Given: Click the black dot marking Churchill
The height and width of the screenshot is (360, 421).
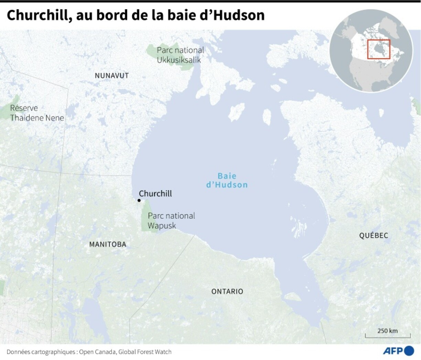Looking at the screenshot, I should coord(139,200).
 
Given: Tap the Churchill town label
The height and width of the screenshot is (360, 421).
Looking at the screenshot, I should coord(155,194).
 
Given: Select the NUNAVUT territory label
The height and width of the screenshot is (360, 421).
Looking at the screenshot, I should coord(112,76).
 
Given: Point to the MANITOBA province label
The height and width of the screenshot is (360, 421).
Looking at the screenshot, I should coord(108,244).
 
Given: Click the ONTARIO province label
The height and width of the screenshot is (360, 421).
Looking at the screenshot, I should coord(227,292).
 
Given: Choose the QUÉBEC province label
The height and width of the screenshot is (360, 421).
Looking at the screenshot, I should coord(374,236).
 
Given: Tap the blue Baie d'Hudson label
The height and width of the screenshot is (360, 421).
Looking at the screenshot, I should coord(227,181).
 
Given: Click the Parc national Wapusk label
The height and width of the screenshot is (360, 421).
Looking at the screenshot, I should coord(171,221).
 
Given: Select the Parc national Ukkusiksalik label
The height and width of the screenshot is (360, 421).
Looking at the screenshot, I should coord(180,55).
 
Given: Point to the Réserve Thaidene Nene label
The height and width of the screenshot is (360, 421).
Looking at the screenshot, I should coord(37,113).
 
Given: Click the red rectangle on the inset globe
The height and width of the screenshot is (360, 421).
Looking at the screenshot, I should coord(378,49).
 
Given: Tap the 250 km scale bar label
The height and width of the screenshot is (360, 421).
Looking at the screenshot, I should coord(387,331).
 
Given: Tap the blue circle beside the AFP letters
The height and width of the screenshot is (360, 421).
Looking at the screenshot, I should coord(409,351).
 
